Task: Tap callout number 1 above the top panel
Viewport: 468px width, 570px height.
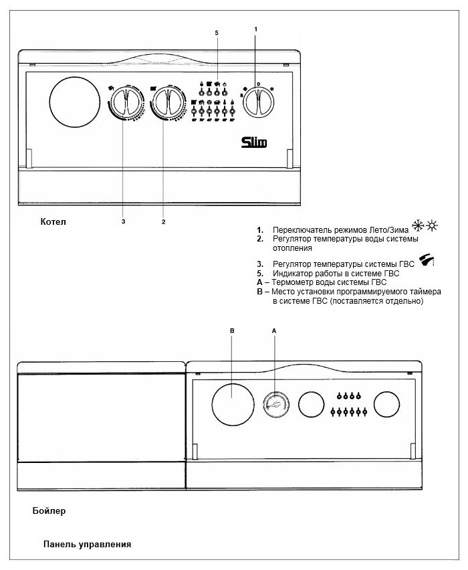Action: point(256,29)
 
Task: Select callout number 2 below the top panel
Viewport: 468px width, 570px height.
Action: point(163,220)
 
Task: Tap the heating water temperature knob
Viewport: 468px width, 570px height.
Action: point(166,104)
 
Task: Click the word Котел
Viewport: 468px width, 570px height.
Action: point(54,221)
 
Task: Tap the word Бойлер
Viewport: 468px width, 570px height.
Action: point(49,510)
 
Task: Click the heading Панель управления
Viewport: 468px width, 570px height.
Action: point(88,544)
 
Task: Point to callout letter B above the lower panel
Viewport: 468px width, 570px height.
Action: point(231,330)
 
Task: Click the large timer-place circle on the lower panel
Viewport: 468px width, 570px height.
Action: point(232,403)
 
